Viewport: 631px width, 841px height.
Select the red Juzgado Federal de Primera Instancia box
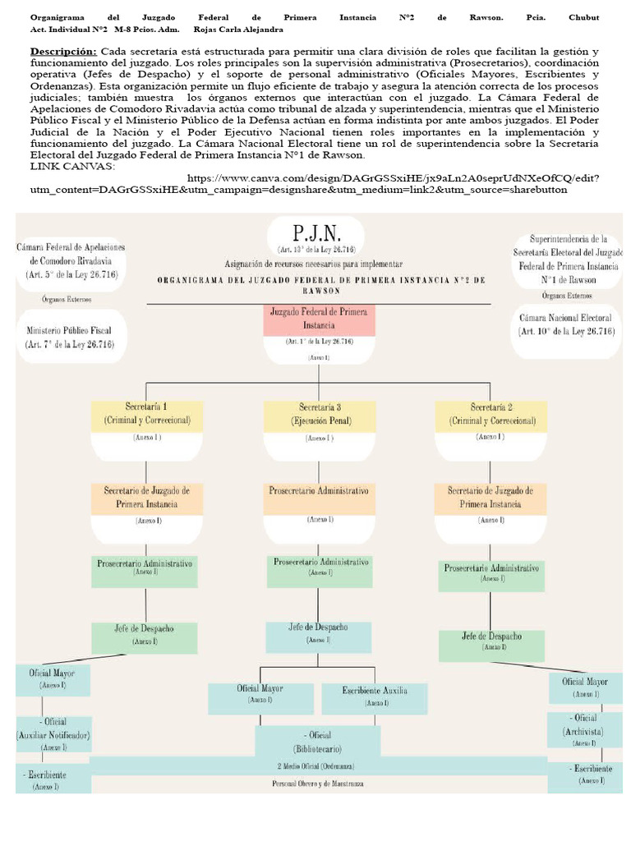[x=319, y=319]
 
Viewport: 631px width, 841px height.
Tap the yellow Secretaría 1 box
[x=147, y=414]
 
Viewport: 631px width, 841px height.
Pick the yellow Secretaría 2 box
[x=491, y=414]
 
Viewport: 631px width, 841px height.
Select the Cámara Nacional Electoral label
[x=565, y=324]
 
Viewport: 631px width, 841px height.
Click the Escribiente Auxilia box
[x=375, y=696]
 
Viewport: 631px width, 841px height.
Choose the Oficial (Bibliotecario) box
[x=318, y=742]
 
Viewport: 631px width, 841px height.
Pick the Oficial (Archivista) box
[x=584, y=729]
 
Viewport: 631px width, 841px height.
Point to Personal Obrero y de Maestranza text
[x=318, y=784]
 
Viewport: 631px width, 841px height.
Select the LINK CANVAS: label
[x=72, y=167]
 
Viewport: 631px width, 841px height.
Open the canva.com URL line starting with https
[x=393, y=178]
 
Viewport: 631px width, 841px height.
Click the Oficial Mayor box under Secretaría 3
[x=260, y=693]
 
